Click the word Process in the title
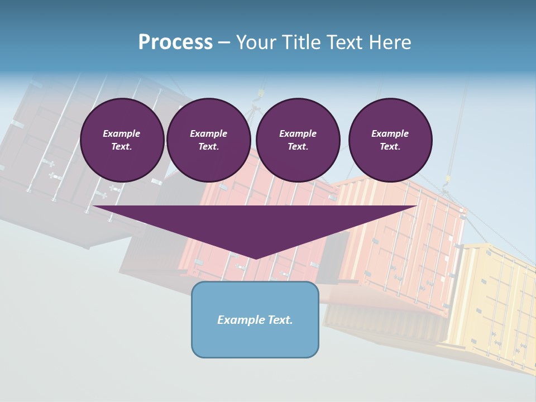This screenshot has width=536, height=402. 175,42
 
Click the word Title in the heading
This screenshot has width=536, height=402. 299,42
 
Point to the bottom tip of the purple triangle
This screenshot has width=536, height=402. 256,257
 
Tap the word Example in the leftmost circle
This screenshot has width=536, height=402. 122,133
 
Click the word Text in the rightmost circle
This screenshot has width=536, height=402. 390,147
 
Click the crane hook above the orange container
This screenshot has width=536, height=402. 447,180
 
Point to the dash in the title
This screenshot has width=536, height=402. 224,42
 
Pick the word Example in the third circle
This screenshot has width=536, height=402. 298,133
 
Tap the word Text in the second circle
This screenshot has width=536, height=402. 208,147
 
